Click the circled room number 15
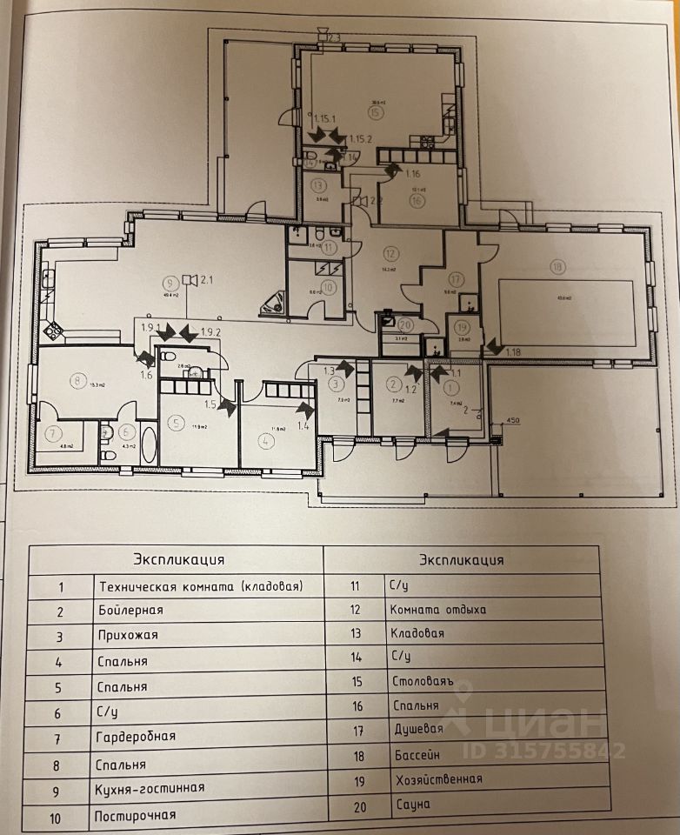click(376, 112)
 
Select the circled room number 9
click(170, 281)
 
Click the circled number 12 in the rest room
click(390, 254)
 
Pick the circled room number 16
click(417, 199)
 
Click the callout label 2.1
click(207, 280)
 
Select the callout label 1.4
click(303, 425)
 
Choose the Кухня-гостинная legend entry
click(151, 788)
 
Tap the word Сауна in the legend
click(410, 805)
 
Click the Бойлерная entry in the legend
click(131, 611)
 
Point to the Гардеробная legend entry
click(137, 737)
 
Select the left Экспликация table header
click(178, 559)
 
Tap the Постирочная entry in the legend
click(137, 816)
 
